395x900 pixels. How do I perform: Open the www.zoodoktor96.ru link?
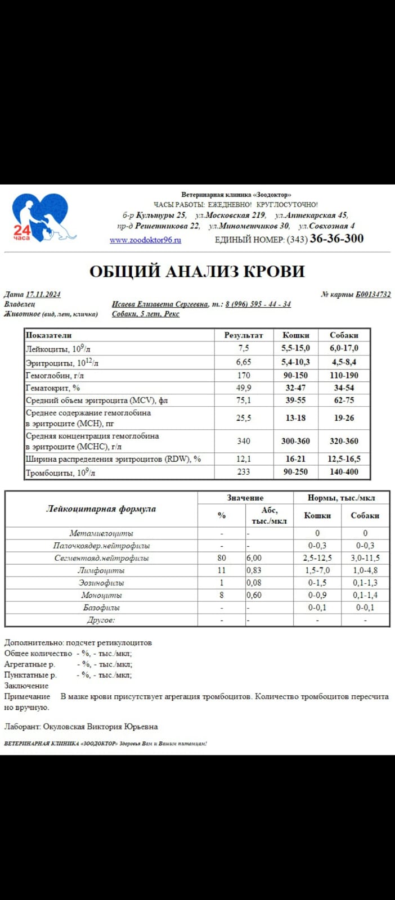click(x=145, y=240)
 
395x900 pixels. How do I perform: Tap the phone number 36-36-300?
click(x=336, y=238)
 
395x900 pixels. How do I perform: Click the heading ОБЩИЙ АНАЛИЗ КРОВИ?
click(x=197, y=271)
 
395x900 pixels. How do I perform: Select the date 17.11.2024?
click(x=43, y=294)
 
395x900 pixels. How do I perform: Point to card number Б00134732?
click(x=373, y=294)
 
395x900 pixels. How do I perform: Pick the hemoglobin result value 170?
click(x=244, y=375)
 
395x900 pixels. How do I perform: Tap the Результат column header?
click(x=244, y=335)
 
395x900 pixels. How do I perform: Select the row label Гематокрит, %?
click(x=53, y=388)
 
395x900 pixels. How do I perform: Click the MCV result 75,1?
click(x=244, y=400)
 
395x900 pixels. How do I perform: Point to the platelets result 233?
click(x=244, y=472)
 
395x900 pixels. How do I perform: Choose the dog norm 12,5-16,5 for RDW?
click(x=344, y=459)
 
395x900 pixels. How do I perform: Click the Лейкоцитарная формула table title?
click(x=101, y=509)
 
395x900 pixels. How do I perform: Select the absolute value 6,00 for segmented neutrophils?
click(x=254, y=558)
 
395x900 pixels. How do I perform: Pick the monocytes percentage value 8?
click(x=222, y=595)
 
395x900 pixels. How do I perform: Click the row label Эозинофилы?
click(x=101, y=583)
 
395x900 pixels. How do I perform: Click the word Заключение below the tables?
click(x=26, y=686)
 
